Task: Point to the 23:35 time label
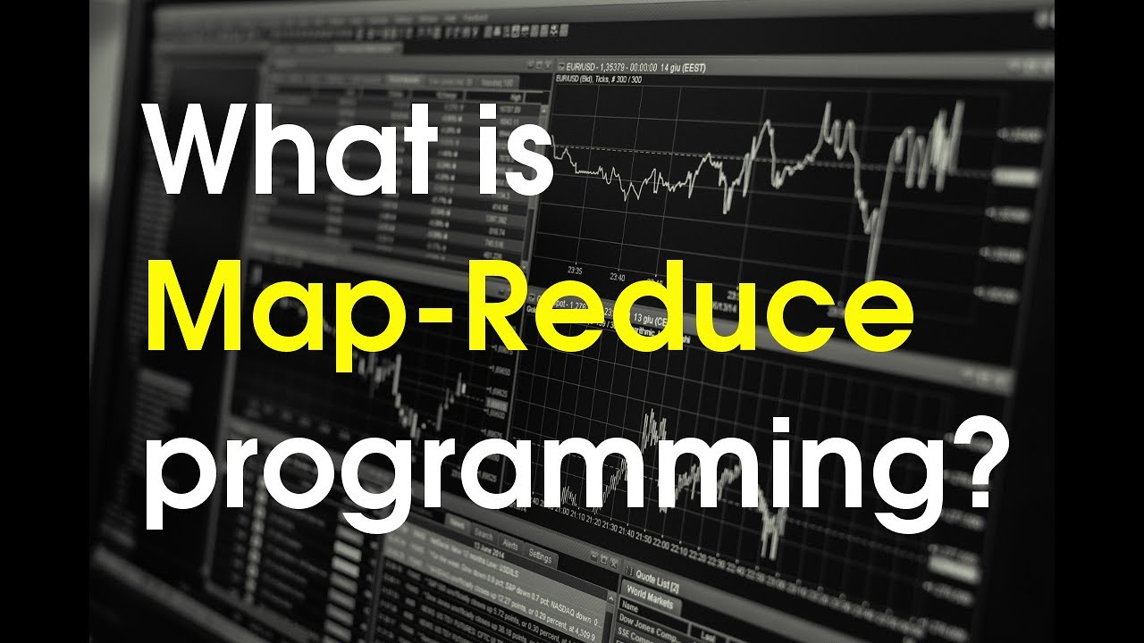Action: [x=575, y=271]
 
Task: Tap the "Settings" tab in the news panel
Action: [x=540, y=555]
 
